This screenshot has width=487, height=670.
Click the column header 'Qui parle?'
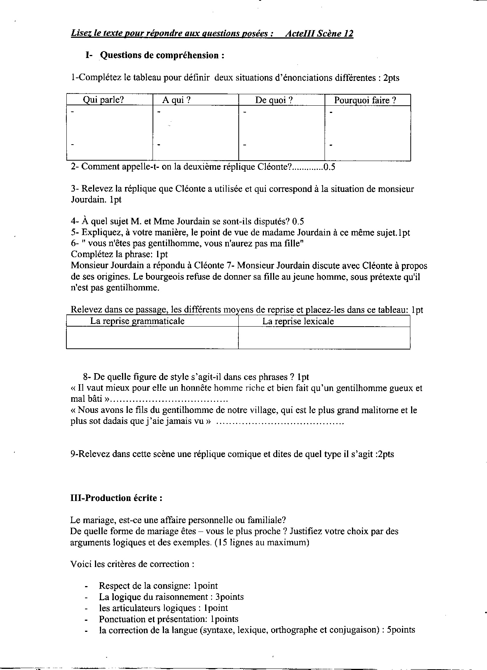pyautogui.click(x=103, y=100)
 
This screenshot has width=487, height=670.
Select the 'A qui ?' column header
pyautogui.click(x=176, y=100)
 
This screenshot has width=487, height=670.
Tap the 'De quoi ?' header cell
pyautogui.click(x=274, y=100)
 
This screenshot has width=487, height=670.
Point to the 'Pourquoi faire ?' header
pyautogui.click(x=365, y=100)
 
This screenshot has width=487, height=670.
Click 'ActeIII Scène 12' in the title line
pyautogui.click(x=319, y=34)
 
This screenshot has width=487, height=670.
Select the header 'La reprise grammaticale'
pyautogui.click(x=137, y=321)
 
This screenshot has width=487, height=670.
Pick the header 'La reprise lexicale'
pyautogui.click(x=298, y=321)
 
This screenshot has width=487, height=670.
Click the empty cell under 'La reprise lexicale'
pyautogui.click(x=324, y=338)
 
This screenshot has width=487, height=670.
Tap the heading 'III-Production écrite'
pyautogui.click(x=116, y=498)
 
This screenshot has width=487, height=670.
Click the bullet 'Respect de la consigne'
pyautogui.click(x=158, y=586)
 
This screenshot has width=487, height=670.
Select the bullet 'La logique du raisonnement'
pyautogui.click(x=171, y=597)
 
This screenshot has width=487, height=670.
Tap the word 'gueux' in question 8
pyautogui.click(x=401, y=388)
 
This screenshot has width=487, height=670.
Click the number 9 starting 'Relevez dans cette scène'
pyautogui.click(x=73, y=454)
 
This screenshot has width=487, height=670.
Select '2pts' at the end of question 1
pyautogui.click(x=391, y=78)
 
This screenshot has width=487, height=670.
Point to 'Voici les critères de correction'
pyautogui.click(x=132, y=564)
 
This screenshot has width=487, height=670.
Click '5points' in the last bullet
pyautogui.click(x=400, y=630)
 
